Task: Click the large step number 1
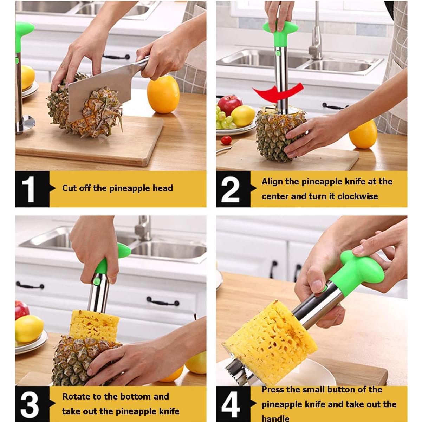(x=28, y=189)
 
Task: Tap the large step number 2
(x=231, y=189)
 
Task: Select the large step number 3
(x=30, y=404)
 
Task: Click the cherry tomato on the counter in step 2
(x=226, y=140)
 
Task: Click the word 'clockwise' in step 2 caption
(x=357, y=196)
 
